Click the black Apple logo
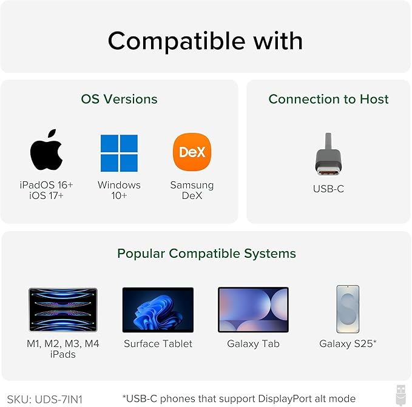tap(46, 151)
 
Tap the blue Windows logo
tap(119, 153)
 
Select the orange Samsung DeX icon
tap(192, 152)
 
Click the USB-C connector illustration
tap(328, 155)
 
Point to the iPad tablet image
tap(62, 309)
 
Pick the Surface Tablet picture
tap(158, 310)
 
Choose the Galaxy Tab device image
tap(253, 309)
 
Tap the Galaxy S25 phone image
tap(348, 309)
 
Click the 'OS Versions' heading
tap(120, 99)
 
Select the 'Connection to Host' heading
tap(328, 99)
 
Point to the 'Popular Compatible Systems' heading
tap(206, 254)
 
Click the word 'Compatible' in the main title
tap(176, 41)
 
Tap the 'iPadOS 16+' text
tap(46, 185)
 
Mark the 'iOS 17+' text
tap(46, 196)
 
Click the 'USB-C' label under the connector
tap(328, 189)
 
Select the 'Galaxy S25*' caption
tap(348, 344)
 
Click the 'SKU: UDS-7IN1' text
tap(45, 400)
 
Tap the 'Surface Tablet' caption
tap(158, 344)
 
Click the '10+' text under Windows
tap(119, 196)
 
